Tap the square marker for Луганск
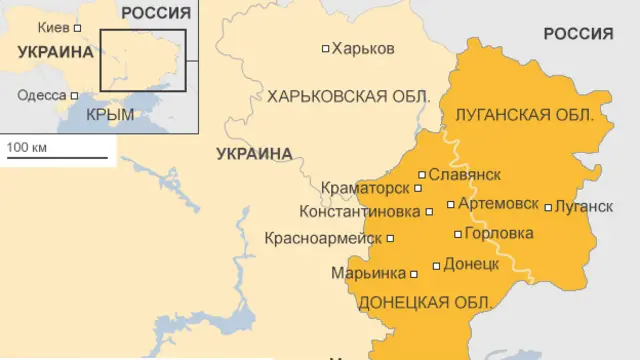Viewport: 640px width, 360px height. pyautogui.click(x=548, y=208)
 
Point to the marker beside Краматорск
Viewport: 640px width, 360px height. pyautogui.click(x=418, y=188)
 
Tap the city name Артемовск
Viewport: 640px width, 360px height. pyautogui.click(x=498, y=204)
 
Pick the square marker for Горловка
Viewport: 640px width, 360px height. pyautogui.click(x=458, y=235)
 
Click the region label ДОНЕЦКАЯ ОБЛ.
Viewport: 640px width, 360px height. pyautogui.click(x=424, y=302)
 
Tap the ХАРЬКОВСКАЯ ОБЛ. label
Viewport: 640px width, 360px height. pyautogui.click(x=348, y=97)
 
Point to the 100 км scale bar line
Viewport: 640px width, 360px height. pyautogui.click(x=56, y=157)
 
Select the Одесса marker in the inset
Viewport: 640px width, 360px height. pyautogui.click(x=74, y=96)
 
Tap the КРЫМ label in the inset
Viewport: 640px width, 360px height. pyautogui.click(x=110, y=115)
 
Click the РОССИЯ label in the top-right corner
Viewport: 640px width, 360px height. pyautogui.click(x=578, y=34)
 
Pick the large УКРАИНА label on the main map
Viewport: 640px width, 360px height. pyautogui.click(x=254, y=154)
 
